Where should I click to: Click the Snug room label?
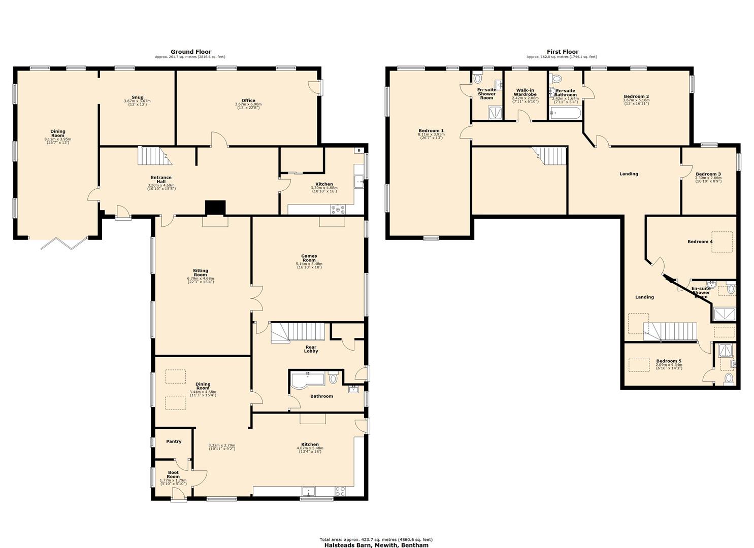(137, 97)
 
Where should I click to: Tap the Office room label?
(248, 100)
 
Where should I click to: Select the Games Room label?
(309, 258)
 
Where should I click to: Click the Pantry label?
(174, 441)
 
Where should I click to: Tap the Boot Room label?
(173, 474)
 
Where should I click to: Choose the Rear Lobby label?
(311, 349)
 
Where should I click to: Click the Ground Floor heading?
(190, 52)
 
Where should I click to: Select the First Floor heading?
(562, 52)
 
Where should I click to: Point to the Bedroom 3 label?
(708, 174)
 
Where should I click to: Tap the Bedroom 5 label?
(668, 361)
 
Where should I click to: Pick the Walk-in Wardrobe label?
(525, 92)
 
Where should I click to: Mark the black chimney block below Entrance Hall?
(215, 208)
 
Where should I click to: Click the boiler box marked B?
(359, 150)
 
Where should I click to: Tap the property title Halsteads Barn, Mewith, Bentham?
(376, 545)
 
